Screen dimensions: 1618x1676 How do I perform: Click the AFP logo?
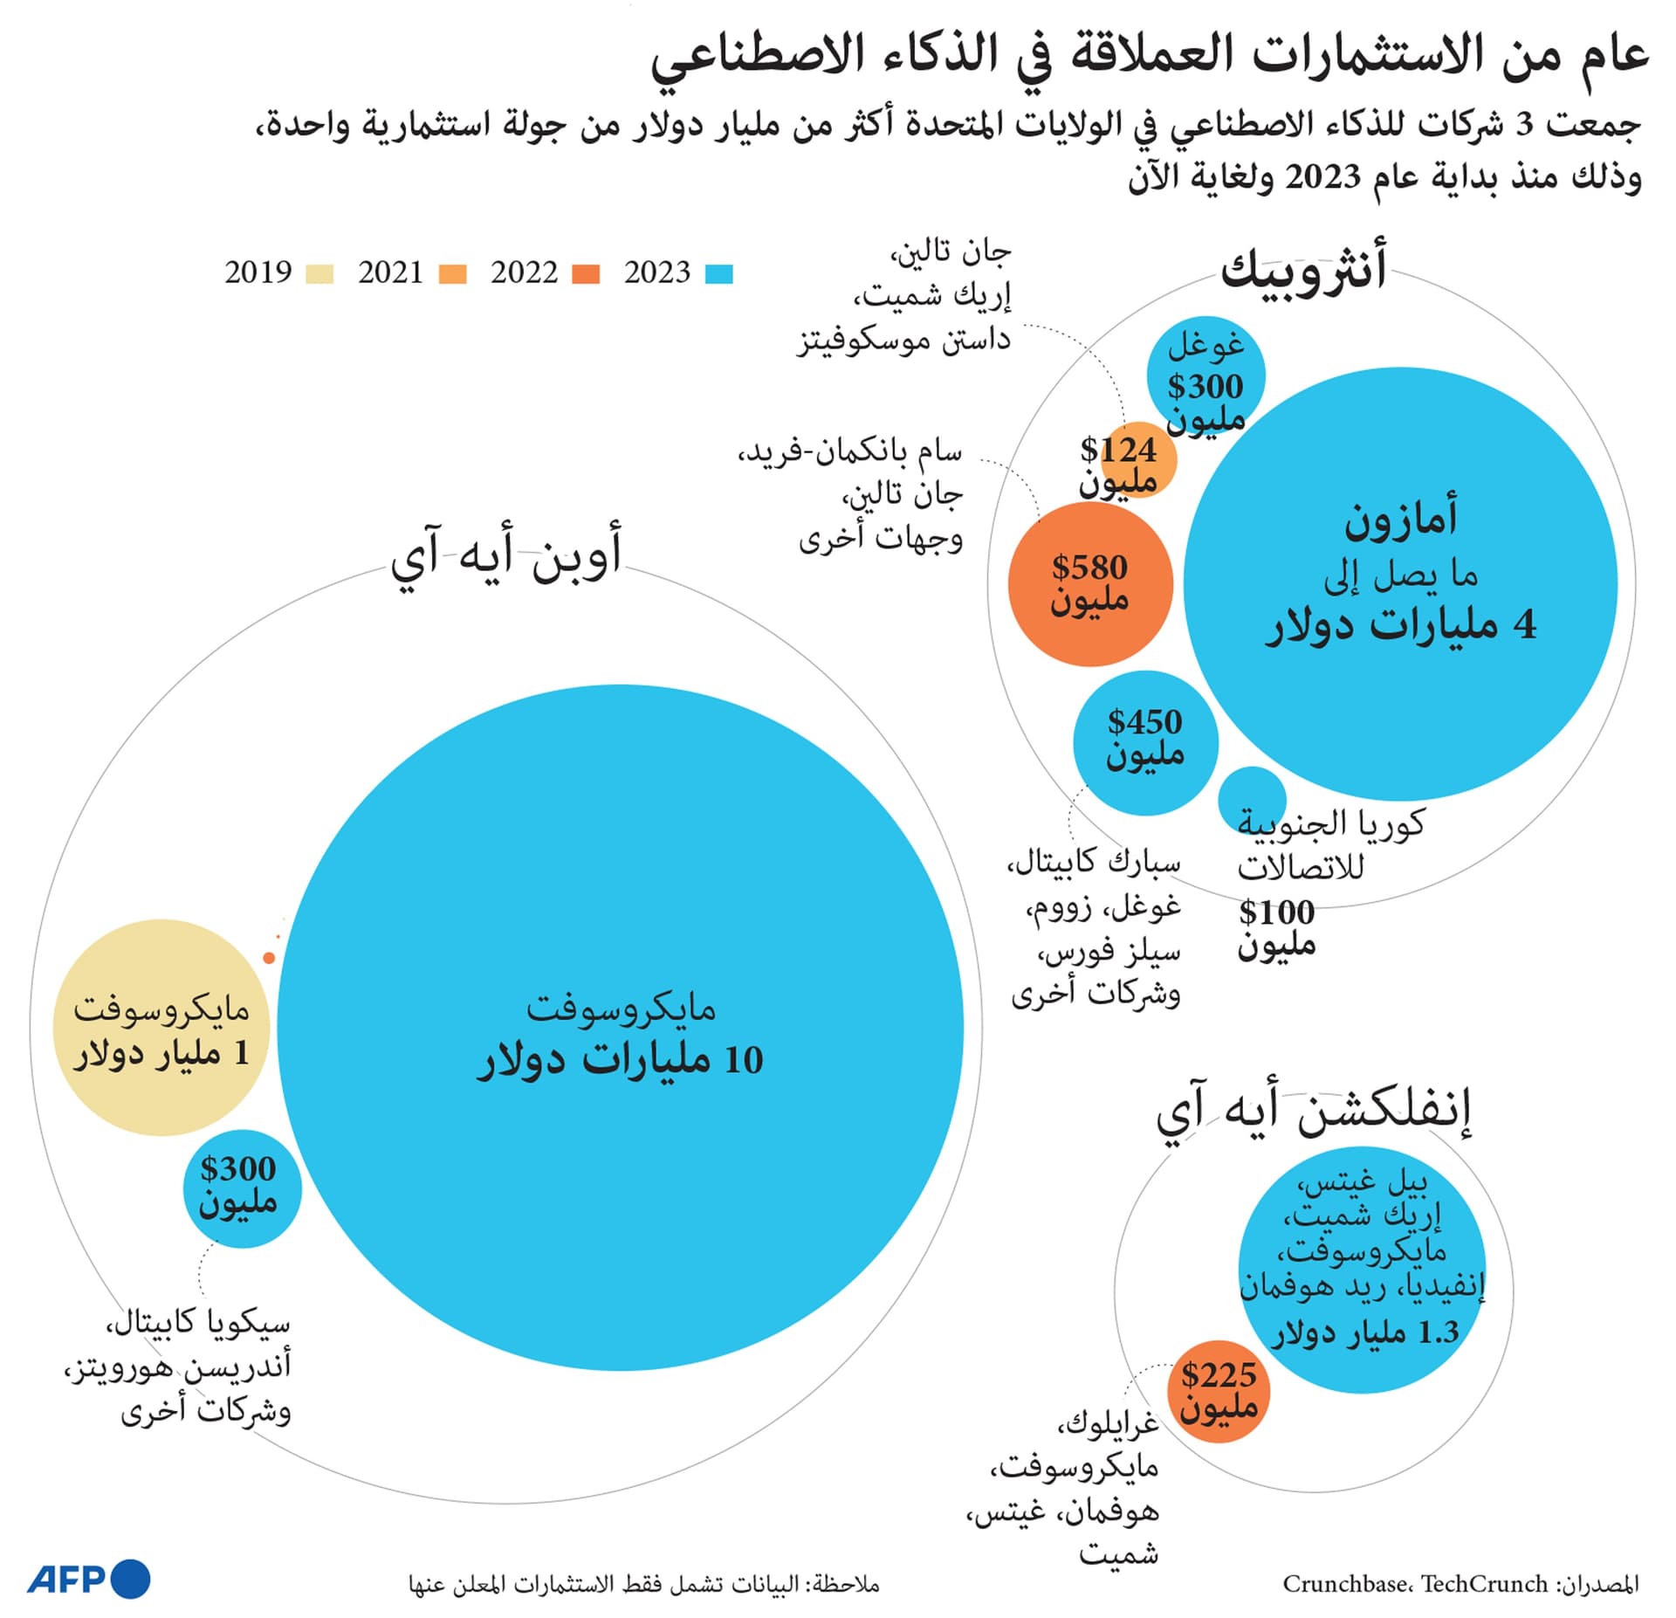[x=88, y=1579]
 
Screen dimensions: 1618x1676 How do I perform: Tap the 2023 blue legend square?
[x=719, y=274]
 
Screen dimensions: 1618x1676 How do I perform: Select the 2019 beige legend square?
[x=319, y=274]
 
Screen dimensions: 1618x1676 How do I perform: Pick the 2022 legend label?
[x=524, y=272]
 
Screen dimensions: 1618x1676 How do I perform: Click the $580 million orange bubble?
[x=1089, y=584]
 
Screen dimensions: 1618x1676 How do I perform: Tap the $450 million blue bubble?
[x=1145, y=742]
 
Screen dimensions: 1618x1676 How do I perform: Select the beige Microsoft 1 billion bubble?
[x=161, y=1028]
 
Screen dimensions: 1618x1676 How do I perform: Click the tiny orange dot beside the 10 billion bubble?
[x=269, y=958]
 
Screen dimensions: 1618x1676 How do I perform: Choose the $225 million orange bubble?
[x=1219, y=1391]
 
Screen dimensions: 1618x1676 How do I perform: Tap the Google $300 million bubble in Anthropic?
[x=1205, y=375]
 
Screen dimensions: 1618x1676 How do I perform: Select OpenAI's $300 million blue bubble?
[x=242, y=1189]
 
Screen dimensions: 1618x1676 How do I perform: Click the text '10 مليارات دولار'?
[x=620, y=1061]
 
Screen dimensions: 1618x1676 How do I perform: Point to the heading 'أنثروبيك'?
[x=1303, y=272]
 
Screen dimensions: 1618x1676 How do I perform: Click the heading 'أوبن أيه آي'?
[x=506, y=556]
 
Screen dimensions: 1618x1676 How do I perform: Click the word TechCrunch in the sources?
[x=1484, y=1583]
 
